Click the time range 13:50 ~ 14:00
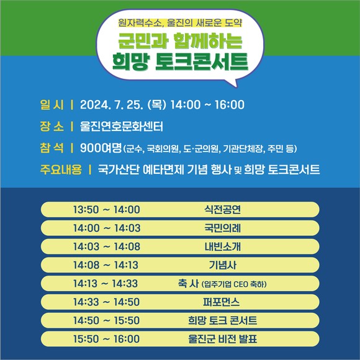click(107, 210)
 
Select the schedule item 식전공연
click(222, 210)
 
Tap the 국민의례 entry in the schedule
click(222, 228)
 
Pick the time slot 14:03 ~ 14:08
click(107, 246)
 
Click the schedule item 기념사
click(222, 265)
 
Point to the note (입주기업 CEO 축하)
click(234, 284)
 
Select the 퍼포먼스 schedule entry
click(222, 302)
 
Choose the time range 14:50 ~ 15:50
click(107, 320)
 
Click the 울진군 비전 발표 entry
click(222, 339)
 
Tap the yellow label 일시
click(52, 105)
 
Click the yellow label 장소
click(52, 127)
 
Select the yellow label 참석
click(52, 148)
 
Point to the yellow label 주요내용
click(61, 169)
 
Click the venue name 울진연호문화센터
click(122, 127)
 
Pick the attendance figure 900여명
click(101, 148)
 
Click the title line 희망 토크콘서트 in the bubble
click(180, 62)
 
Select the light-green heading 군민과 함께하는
click(181, 42)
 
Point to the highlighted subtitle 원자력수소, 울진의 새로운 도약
click(180, 23)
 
